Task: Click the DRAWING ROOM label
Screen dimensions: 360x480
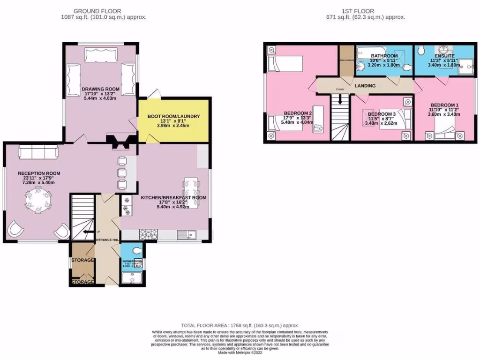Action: click(100, 89)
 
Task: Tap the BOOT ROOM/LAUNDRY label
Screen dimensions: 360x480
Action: click(174, 116)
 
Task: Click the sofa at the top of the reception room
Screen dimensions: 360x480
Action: click(38, 152)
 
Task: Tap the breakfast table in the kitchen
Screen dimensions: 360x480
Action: click(191, 188)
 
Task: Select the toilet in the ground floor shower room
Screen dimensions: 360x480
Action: click(135, 250)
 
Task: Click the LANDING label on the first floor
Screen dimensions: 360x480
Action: click(365, 85)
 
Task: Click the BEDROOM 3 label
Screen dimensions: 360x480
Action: click(382, 114)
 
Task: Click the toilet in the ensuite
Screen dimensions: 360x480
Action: click(420, 50)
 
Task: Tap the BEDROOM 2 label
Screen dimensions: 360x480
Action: click(298, 113)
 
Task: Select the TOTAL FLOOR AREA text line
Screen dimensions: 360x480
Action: click(240, 325)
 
